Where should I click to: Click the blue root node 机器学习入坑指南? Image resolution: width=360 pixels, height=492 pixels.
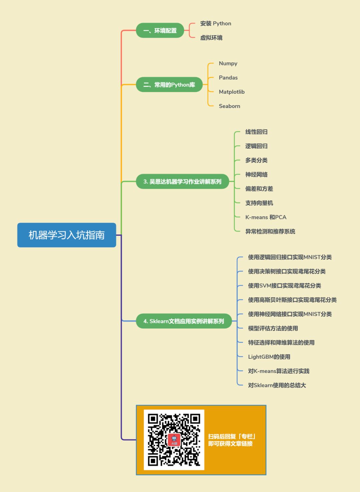67,235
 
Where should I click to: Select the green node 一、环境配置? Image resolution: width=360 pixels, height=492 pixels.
160,31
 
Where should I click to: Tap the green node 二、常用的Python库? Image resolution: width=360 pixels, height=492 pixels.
169,85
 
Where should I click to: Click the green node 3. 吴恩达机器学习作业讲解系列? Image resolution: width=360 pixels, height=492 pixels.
182,182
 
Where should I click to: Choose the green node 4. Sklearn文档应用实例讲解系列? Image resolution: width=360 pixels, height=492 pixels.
184,321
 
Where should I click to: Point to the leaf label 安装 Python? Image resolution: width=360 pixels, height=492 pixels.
215,24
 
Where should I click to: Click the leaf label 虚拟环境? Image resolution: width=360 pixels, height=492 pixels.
211,38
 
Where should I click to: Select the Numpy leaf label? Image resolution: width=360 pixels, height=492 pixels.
228,63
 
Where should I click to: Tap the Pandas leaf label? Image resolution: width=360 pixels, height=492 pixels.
228,78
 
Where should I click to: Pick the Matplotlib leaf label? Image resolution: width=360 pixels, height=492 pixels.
232,92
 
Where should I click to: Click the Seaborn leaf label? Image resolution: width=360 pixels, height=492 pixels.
229,106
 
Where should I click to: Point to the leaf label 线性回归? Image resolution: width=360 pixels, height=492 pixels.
256,132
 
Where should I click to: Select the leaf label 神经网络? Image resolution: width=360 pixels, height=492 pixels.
256,175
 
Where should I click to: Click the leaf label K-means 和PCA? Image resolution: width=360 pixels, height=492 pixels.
266,217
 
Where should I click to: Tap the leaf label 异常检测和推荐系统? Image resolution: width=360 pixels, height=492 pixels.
270,232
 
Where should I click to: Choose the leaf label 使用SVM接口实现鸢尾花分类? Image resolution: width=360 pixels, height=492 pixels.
284,286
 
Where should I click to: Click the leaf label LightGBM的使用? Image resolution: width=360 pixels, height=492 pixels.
269,357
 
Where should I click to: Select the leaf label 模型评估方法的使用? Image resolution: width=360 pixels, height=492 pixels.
273,328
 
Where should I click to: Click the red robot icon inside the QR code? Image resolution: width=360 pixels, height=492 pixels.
174,440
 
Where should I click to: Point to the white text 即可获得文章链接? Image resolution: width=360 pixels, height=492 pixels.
230,444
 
